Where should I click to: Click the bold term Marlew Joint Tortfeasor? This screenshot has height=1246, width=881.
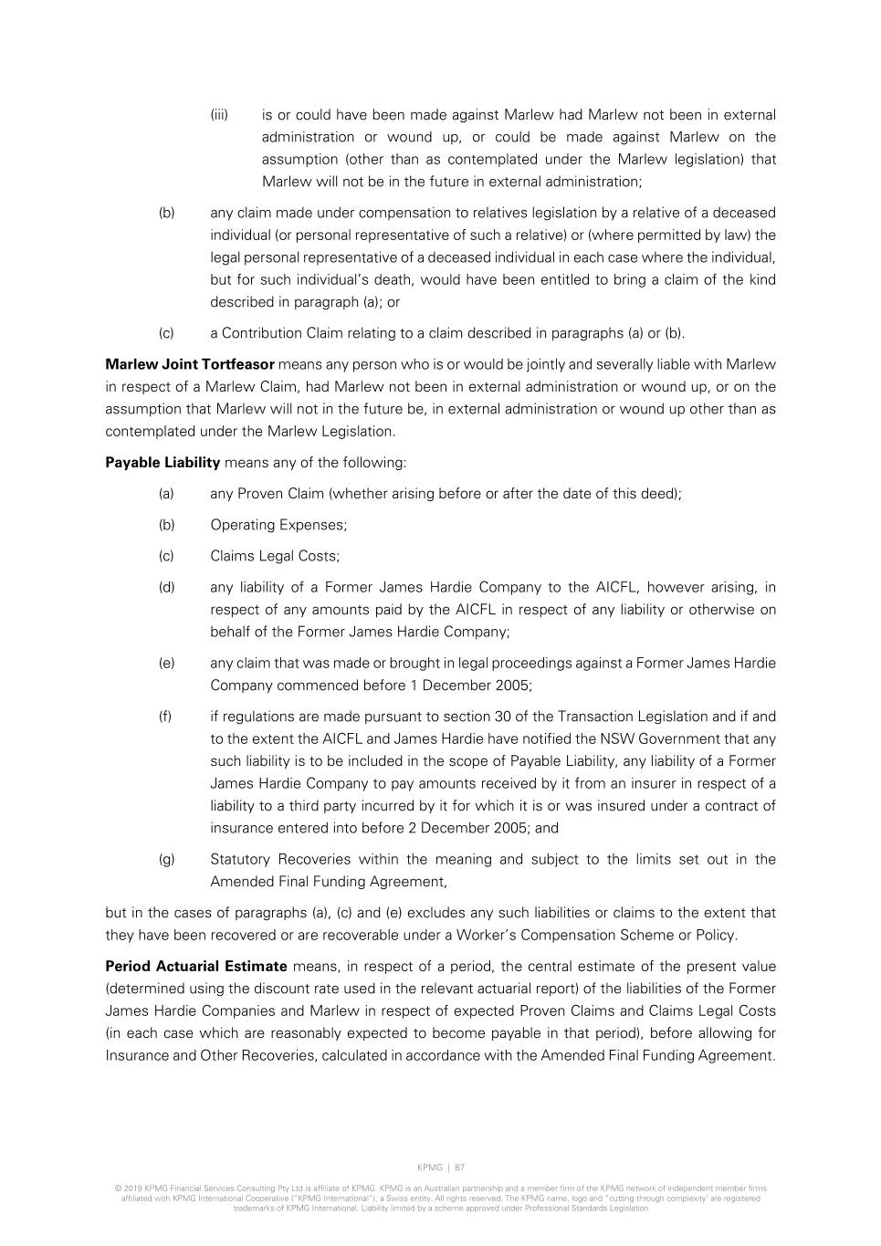(190, 365)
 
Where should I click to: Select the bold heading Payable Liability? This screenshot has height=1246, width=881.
(163, 463)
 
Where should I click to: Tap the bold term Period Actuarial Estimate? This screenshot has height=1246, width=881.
(196, 967)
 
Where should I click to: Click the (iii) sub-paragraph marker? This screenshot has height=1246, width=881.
(219, 115)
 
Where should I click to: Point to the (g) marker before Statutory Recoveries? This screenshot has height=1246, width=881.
(166, 860)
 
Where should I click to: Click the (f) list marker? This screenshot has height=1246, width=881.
(165, 717)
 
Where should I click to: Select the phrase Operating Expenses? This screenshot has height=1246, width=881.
(278, 525)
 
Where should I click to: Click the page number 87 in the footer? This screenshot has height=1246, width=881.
(460, 1167)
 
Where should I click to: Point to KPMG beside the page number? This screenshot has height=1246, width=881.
(429, 1167)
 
